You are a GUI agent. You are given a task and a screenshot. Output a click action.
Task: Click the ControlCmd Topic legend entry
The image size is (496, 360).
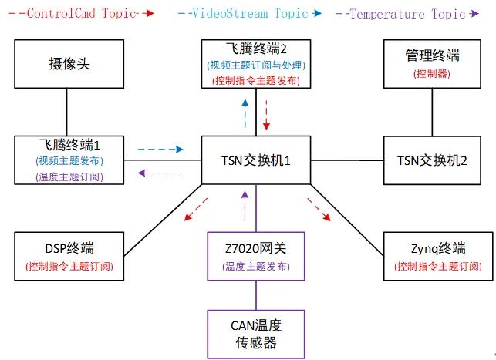(81, 14)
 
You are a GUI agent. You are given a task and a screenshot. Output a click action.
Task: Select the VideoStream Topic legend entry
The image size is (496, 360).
(250, 14)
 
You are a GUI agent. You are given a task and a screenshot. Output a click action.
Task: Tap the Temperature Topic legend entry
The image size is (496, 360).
(407, 14)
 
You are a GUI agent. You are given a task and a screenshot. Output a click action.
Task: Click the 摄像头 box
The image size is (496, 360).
(69, 64)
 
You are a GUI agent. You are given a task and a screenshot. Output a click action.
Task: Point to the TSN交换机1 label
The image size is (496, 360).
(256, 160)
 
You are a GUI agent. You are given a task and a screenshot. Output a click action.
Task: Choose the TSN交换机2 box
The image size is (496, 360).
(432, 160)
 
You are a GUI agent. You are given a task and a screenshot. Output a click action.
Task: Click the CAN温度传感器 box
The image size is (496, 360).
(256, 334)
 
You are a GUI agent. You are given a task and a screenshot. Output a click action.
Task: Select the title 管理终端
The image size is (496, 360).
(432, 56)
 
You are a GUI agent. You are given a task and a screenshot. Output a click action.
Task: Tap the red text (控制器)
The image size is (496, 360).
(432, 74)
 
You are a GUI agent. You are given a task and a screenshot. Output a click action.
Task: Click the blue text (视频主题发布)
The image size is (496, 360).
(69, 161)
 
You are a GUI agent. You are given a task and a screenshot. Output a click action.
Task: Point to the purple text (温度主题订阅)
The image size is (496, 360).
(69, 177)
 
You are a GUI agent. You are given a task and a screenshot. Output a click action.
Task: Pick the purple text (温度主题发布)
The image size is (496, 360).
(256, 266)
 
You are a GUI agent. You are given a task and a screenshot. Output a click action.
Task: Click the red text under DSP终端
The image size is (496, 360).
(69, 266)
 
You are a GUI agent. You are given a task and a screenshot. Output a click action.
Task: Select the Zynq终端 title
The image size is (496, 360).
(438, 248)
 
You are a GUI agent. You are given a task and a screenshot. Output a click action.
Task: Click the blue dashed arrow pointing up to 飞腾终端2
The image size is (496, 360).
(245, 113)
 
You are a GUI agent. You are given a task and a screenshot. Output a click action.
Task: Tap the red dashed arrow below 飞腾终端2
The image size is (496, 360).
(266, 115)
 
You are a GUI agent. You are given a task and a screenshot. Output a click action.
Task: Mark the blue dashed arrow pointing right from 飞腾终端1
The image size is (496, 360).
(160, 150)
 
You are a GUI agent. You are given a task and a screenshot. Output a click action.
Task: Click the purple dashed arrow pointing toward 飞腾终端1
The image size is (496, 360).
(160, 173)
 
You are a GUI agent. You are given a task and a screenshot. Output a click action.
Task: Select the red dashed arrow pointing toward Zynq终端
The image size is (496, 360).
(319, 209)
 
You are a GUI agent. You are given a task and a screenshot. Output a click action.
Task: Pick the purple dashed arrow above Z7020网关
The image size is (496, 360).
(245, 206)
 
